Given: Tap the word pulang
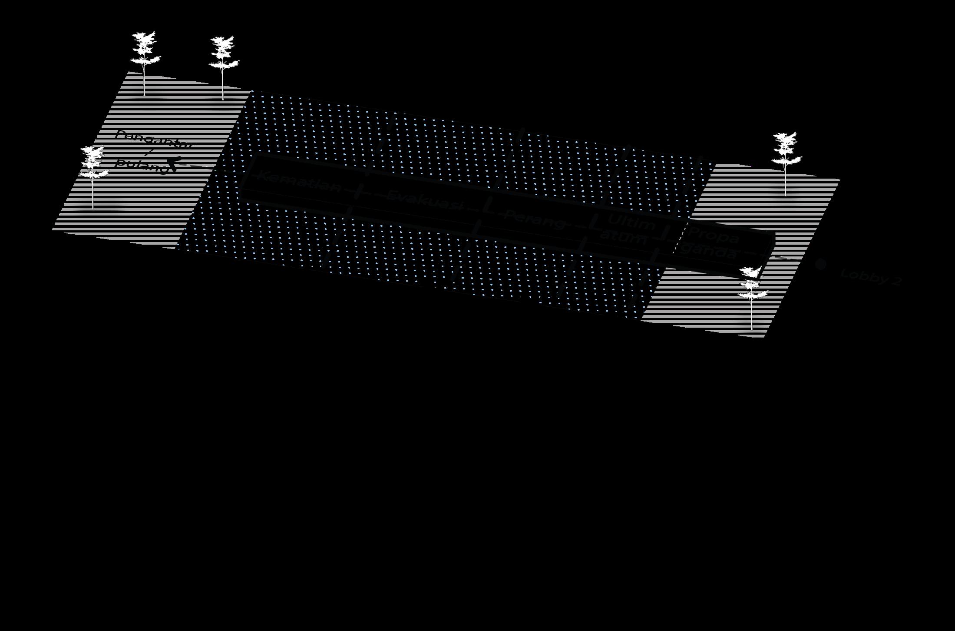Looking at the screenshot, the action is coord(141,165).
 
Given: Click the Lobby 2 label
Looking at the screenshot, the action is coord(871,277).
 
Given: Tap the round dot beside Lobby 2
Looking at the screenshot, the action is coord(820,264).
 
